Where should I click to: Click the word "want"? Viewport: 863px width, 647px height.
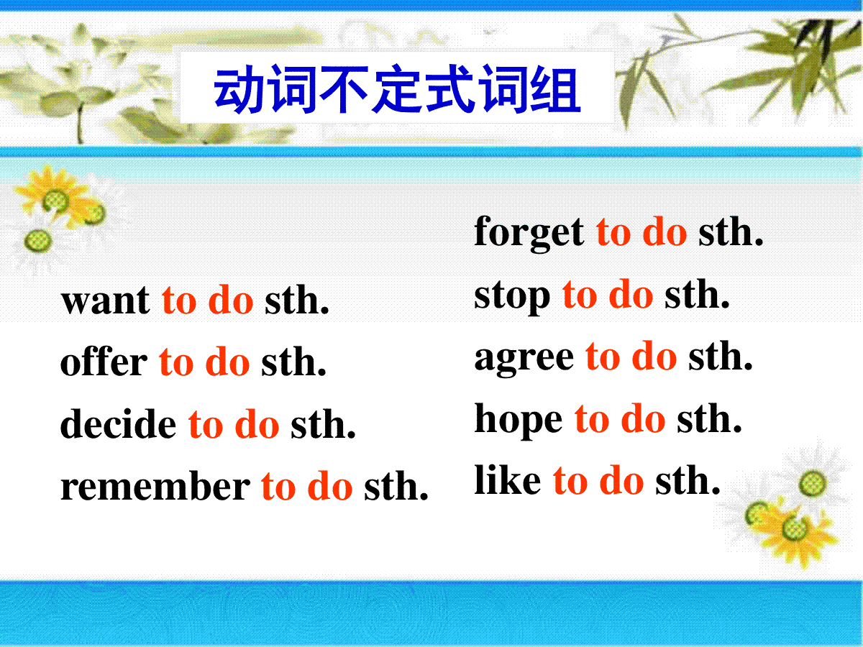point(105,301)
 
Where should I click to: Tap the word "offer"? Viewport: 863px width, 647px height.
point(104,361)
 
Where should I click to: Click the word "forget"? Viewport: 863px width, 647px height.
point(529,234)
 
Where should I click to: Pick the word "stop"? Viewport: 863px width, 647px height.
point(512,297)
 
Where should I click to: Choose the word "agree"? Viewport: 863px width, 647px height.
point(524,359)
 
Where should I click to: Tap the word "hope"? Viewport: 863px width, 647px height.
point(519,421)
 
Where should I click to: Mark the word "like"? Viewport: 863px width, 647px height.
point(508,480)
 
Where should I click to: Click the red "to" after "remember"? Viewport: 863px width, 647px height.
point(278,487)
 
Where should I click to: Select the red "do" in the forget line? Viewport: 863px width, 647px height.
point(665,232)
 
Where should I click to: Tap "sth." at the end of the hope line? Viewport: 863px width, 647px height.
point(709,419)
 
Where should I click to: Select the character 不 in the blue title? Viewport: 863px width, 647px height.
point(344,89)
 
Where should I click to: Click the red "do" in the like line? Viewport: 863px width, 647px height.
point(621,479)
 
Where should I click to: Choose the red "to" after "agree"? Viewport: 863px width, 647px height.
point(603,357)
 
